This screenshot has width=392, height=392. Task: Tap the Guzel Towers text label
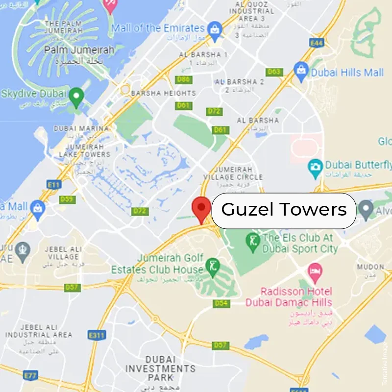tap(284, 210)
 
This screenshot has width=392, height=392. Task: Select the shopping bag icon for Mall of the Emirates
tap(214, 28)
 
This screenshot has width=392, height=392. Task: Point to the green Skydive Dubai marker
tap(76, 97)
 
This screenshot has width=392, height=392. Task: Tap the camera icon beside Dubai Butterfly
tap(315, 168)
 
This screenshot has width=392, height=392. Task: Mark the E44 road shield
tap(317, 44)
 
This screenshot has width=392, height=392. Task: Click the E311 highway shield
tap(97, 335)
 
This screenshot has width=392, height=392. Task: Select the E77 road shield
tap(31, 376)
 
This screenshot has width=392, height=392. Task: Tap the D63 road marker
tap(274, 72)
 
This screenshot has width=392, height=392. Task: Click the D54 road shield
tap(221, 304)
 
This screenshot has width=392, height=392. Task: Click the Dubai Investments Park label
tap(160, 368)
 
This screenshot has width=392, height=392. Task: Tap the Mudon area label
tap(370, 267)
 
